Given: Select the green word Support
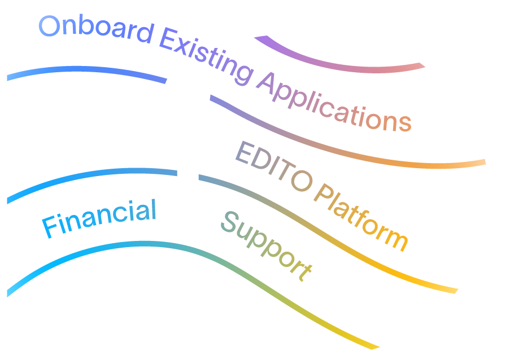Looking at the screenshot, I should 265,245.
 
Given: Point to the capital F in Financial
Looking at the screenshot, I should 49,227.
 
